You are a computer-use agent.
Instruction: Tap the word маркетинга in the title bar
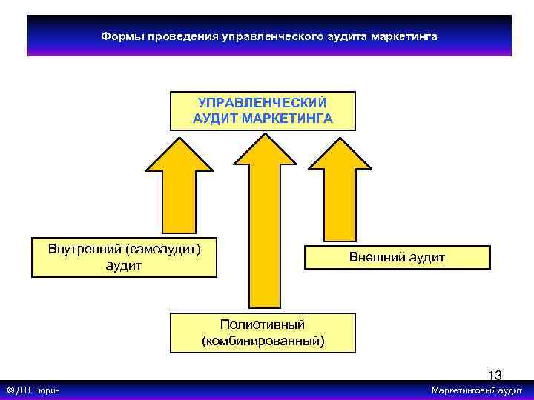404,36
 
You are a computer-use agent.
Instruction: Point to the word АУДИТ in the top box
215,118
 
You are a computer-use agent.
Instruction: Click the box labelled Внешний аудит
397,257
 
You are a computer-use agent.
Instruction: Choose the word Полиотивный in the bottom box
262,324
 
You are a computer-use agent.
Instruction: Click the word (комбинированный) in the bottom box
262,340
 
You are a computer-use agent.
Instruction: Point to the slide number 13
494,376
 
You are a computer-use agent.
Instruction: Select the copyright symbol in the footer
10,390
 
